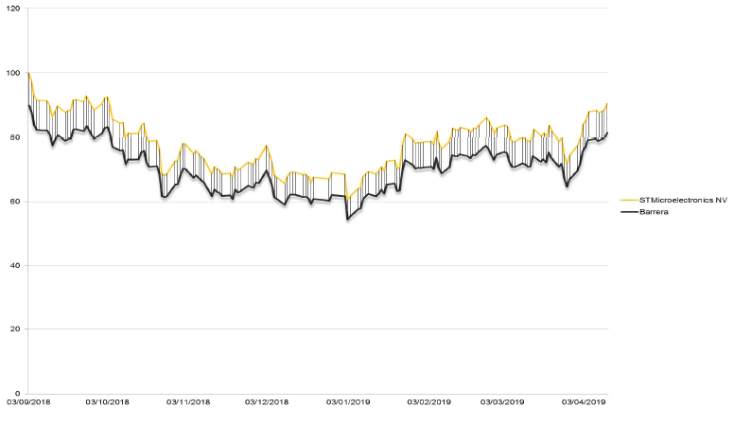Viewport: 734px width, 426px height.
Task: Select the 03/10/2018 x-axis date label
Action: point(107,402)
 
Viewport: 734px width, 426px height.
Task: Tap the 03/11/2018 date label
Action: point(187,402)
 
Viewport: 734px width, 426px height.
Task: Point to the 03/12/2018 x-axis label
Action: point(267,402)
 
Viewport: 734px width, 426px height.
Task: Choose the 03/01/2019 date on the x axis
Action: point(348,402)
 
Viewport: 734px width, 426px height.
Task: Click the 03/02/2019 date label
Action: point(428,402)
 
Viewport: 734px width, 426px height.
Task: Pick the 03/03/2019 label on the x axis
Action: point(502,402)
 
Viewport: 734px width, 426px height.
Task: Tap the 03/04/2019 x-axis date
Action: point(584,402)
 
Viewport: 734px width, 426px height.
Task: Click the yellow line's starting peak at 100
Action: point(29,74)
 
